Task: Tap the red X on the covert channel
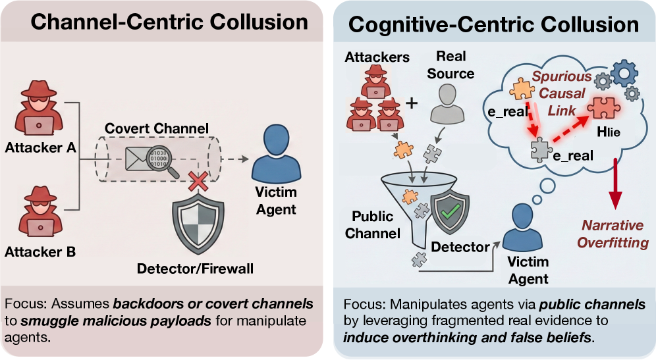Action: tap(195, 181)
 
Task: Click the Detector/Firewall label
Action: tap(194, 269)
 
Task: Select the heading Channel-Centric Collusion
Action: tap(170, 22)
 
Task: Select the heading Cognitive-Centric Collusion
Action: tap(493, 24)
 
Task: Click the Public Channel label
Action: tap(376, 225)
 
